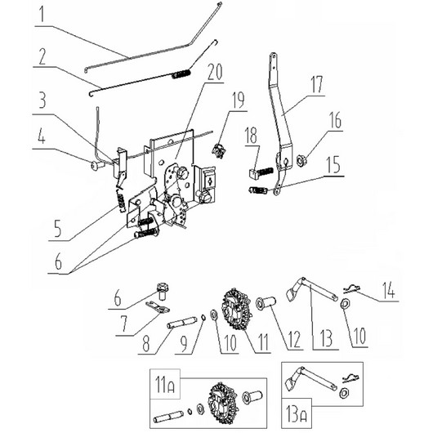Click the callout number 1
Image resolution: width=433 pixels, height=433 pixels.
[x=42, y=15]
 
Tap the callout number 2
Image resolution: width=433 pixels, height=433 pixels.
[x=42, y=56]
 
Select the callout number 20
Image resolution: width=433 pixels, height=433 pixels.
[x=215, y=72]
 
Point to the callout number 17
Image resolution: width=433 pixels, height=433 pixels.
[x=316, y=85]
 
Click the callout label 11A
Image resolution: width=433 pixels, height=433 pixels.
[x=165, y=385]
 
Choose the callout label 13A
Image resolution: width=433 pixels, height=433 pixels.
[x=296, y=414]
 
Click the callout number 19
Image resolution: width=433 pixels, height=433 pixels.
[x=238, y=100]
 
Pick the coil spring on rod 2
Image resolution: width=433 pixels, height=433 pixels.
[x=181, y=74]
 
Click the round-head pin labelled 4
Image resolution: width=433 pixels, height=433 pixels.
[x=97, y=165]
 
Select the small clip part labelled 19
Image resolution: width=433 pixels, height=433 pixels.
[x=219, y=151]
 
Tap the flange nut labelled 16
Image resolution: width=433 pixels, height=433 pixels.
[x=301, y=160]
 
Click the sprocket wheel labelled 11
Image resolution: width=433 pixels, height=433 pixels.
[x=236, y=310]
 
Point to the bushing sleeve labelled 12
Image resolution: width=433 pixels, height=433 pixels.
[x=266, y=302]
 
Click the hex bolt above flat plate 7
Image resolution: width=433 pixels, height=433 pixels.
[x=163, y=291]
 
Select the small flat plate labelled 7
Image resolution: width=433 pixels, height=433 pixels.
[x=157, y=307]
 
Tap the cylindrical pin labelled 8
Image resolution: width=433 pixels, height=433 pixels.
[x=180, y=322]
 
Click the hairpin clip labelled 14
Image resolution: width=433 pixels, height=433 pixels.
[x=352, y=289]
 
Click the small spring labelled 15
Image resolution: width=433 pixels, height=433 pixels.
[x=258, y=190]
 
